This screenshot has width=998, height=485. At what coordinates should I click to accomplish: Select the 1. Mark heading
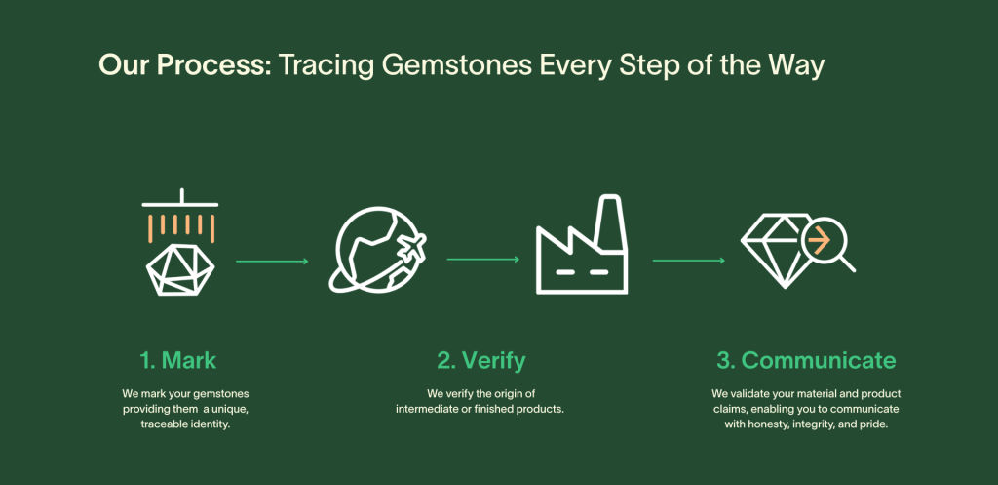point(178,361)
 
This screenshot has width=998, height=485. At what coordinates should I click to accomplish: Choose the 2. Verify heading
point(481,361)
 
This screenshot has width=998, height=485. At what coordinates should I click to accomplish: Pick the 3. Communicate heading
point(806,361)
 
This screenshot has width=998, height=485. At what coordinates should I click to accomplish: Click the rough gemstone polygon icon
point(180,270)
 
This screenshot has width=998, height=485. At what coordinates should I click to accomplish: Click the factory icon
point(582,245)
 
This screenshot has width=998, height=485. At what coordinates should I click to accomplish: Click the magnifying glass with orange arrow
point(827,245)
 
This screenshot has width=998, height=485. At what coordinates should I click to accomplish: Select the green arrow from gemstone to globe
point(272,262)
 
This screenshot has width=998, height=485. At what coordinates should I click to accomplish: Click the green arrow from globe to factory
point(483,260)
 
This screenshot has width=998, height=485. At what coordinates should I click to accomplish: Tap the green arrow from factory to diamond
point(689,260)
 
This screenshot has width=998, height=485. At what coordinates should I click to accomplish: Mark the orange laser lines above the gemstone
point(180,227)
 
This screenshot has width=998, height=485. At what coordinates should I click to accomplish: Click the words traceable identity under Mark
point(185,424)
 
